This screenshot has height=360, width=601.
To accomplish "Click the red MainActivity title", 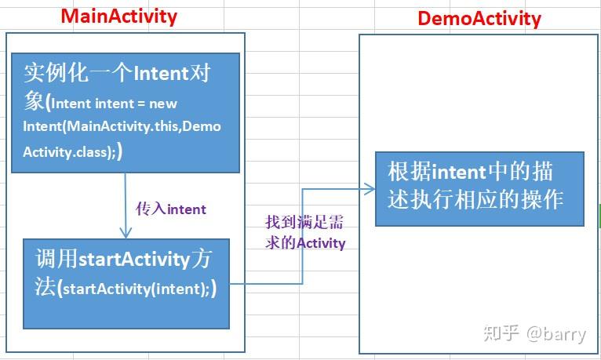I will click(118, 16).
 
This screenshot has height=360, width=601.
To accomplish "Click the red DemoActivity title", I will click(479, 18).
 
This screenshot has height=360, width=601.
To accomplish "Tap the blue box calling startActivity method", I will click(126, 283).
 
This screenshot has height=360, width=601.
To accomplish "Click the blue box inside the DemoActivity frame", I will click(479, 188).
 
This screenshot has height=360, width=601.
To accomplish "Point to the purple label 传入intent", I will click(171, 209).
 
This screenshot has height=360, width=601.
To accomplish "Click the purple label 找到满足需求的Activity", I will click(305, 233).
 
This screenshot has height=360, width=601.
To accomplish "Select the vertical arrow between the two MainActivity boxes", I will click(125, 200).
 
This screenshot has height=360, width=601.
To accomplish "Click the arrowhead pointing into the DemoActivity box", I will click(368, 187).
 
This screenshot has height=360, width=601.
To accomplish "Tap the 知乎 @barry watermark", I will click(534, 333).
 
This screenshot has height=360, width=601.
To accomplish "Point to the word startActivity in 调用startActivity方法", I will click(134, 259).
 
